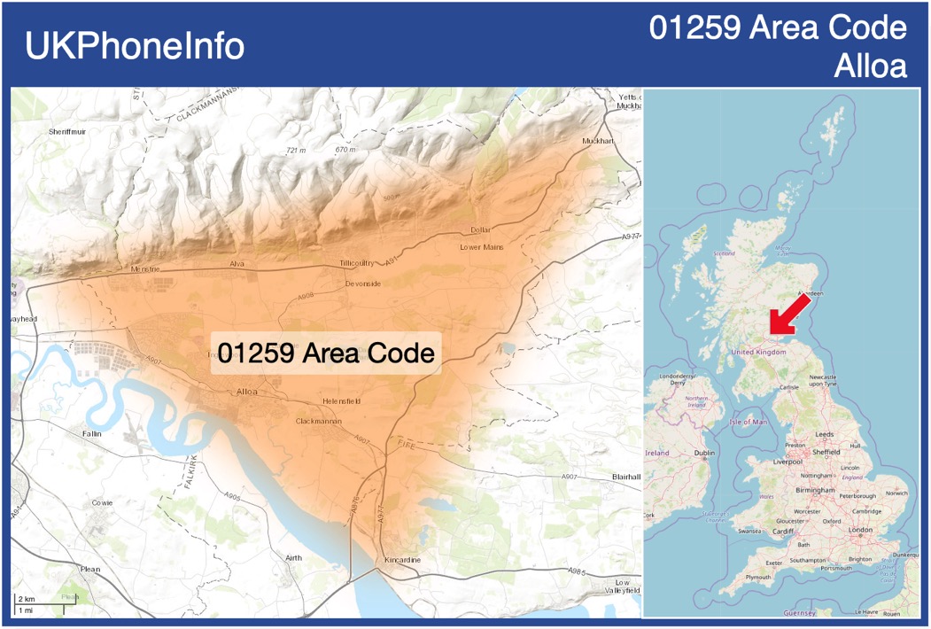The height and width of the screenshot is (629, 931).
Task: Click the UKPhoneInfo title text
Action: [135, 47]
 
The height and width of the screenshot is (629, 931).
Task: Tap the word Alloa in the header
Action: [871, 66]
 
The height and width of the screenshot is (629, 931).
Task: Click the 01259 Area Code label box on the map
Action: [326, 353]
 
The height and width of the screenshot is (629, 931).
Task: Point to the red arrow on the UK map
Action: [789, 315]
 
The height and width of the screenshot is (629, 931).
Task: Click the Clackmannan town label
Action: [319, 422]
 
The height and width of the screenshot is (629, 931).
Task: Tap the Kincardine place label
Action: [403, 561]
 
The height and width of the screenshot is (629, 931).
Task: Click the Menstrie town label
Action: [144, 268]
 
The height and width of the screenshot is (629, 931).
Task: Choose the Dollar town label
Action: [480, 229]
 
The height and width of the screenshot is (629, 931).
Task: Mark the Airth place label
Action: [292, 557]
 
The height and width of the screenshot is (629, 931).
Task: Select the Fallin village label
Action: [90, 434]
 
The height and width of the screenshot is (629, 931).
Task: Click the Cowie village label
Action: [102, 503]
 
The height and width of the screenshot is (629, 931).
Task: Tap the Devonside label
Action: [363, 283]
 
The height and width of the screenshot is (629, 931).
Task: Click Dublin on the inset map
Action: [704, 454]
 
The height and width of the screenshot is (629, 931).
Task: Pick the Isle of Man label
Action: [749, 422]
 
